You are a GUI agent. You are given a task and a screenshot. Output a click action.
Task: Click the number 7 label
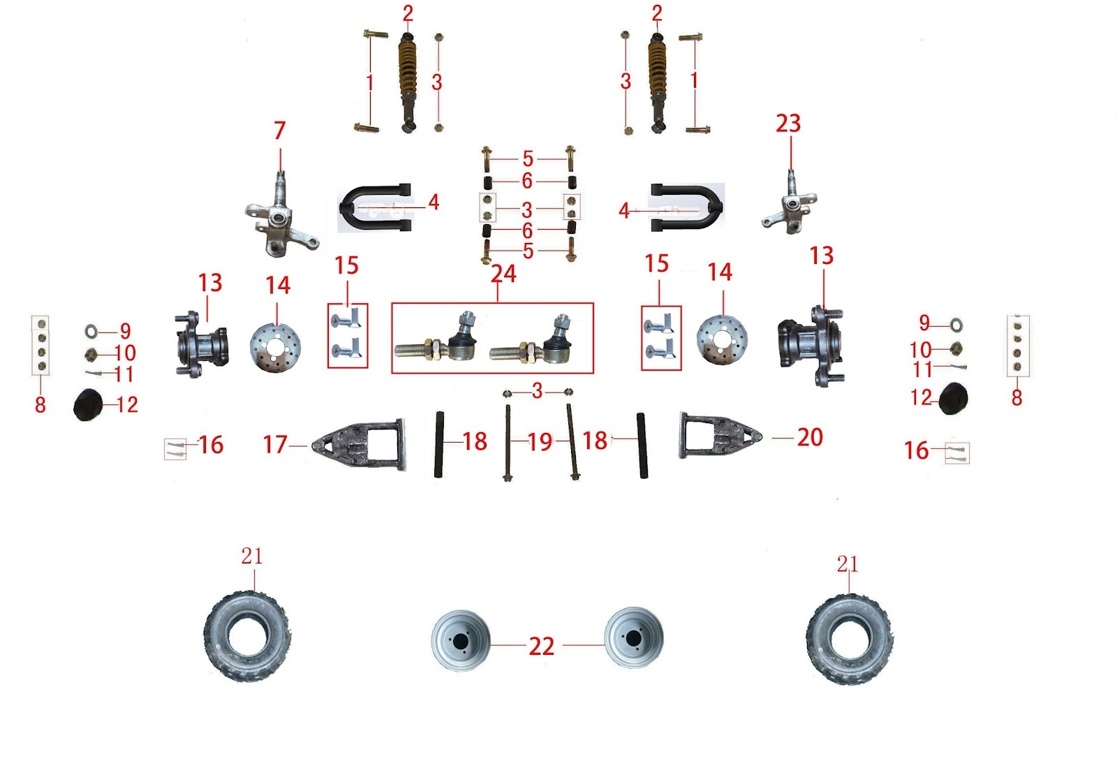tap(279, 131)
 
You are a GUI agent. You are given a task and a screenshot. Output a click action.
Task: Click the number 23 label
tap(787, 124)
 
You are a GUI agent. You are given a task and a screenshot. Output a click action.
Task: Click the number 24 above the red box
tap(503, 274)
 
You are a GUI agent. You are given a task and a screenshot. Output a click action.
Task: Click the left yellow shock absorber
tap(407, 80)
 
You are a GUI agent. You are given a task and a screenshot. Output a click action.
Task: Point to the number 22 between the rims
tap(541, 647)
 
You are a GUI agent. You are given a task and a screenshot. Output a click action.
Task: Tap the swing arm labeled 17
tap(360, 444)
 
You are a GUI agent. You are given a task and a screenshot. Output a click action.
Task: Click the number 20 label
tap(810, 438)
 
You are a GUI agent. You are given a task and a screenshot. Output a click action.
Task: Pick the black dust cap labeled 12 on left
tap(88, 405)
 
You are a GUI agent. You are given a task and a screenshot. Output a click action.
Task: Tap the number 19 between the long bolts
tap(540, 441)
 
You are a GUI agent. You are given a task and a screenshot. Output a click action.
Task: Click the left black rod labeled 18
tap(441, 444)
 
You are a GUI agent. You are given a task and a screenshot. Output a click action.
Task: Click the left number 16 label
tap(210, 445)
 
